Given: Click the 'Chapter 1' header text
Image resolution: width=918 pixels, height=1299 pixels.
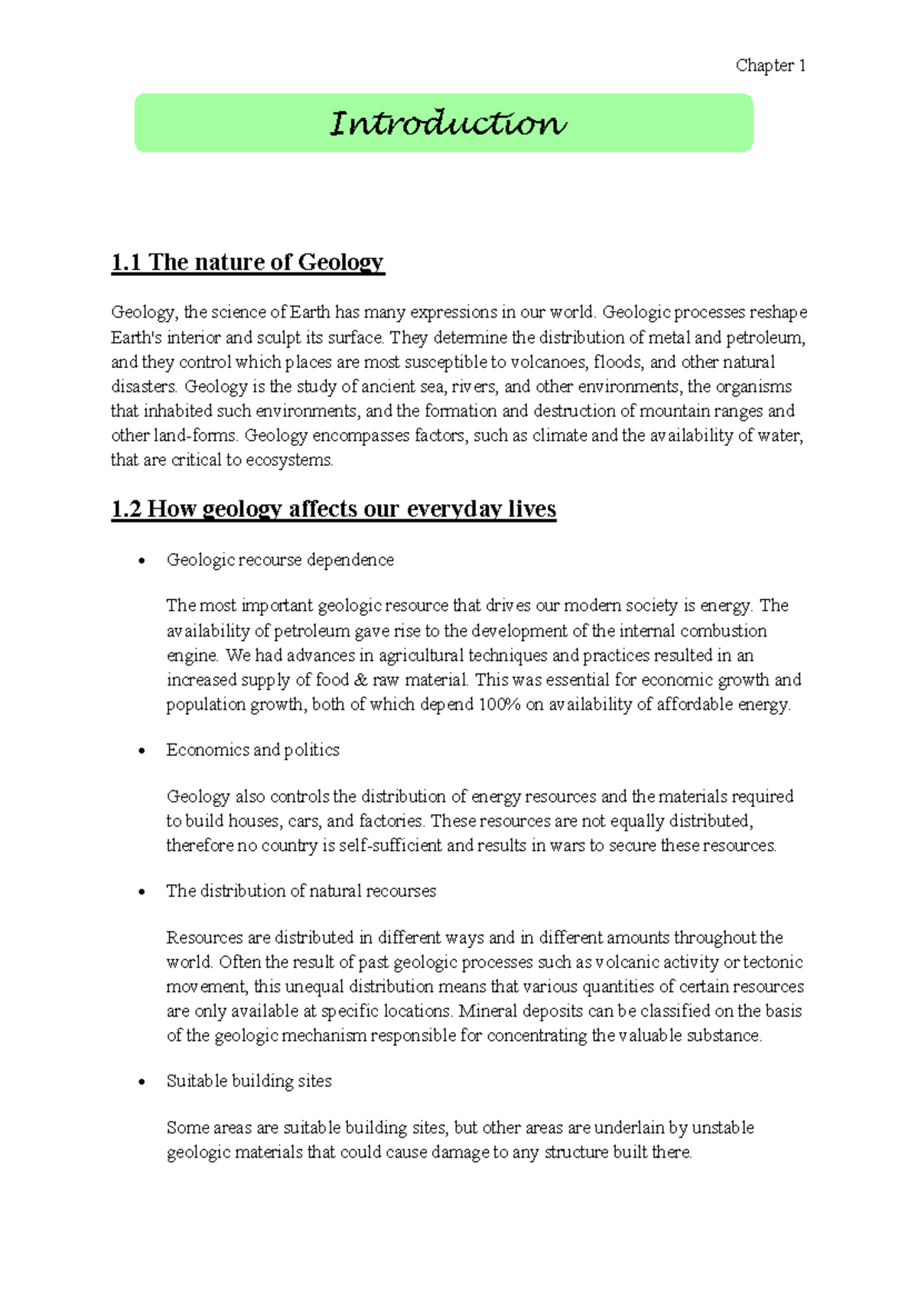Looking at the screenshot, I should pos(770,66).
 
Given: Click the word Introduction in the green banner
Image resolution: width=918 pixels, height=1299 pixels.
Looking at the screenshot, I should pos(448,123).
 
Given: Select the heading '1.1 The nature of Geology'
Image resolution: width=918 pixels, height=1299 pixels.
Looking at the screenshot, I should pos(247,262).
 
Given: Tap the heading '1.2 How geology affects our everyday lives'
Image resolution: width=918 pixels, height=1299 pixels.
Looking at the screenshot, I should pos(334,510).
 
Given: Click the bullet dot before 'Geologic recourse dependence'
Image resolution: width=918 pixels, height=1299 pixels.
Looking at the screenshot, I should pos(142,562).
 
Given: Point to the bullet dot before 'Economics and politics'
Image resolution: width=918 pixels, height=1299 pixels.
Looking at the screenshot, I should pos(142,751).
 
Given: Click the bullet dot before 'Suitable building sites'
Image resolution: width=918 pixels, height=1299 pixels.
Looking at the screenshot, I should pos(142,1082).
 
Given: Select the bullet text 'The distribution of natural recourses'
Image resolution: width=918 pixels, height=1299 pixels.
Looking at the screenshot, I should pos(301,891).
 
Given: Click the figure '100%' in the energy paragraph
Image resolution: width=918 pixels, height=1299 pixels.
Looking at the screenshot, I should pos(499,705).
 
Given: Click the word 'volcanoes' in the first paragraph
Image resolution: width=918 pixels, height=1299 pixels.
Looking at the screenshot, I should pos(548,362).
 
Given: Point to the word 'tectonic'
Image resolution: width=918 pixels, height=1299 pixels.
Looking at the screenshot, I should pos(773,962).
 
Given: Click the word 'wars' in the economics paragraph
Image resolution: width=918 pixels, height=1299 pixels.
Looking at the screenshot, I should pos(567,845).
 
